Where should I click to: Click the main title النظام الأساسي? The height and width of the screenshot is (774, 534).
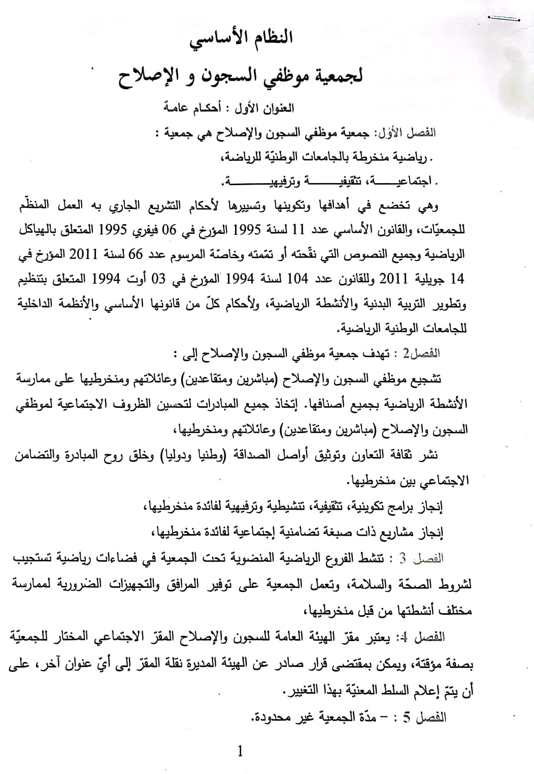[x=242, y=40]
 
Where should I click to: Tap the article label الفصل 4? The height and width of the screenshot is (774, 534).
[x=425, y=636]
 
